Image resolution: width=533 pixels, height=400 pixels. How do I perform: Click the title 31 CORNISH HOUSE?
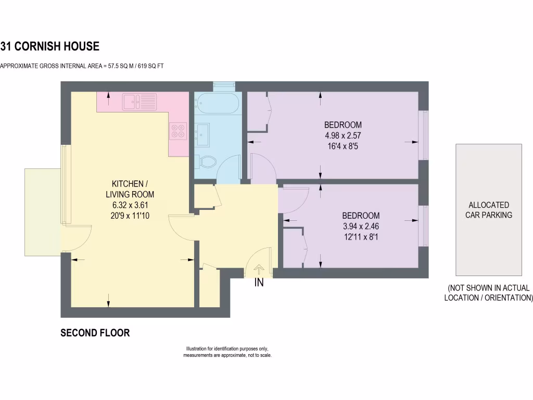[50, 46]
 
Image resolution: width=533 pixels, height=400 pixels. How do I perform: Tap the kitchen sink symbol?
[139, 102]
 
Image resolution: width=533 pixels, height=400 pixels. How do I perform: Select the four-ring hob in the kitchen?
[178, 130]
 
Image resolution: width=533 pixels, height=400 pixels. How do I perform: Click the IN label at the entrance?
[259, 283]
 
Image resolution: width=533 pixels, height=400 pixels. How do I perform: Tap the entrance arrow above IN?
[259, 269]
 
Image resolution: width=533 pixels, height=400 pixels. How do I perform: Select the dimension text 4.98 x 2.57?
[342, 135]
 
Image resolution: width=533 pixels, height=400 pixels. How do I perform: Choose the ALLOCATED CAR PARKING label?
[489, 210]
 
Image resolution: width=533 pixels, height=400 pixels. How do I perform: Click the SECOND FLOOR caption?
[95, 333]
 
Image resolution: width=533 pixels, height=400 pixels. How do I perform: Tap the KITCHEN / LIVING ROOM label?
[130, 189]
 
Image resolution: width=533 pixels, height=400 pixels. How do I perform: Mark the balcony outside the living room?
[43, 211]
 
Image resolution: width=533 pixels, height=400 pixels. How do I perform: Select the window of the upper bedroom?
[424, 135]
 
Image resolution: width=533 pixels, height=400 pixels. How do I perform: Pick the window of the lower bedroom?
[424, 226]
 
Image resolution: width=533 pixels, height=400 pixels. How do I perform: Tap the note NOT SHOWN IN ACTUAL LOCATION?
[488, 293]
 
